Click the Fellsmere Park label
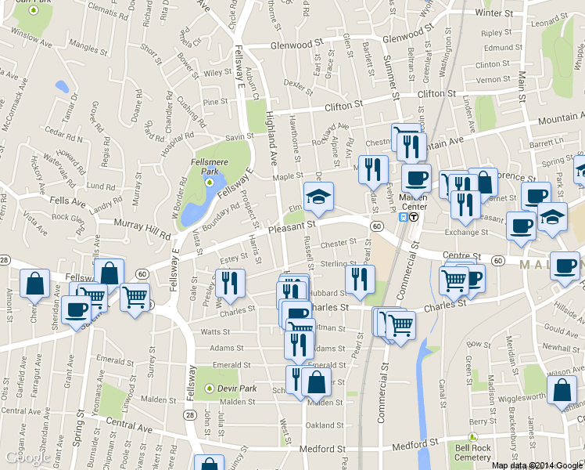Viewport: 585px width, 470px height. [208, 165]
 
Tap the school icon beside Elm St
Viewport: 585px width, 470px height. [318, 197]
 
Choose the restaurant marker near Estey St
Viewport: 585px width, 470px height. [230, 284]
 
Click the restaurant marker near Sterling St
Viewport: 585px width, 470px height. [360, 280]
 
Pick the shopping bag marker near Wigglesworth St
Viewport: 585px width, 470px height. [562, 389]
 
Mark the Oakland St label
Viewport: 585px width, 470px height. [324, 425]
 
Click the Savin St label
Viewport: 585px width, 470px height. [235, 137]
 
